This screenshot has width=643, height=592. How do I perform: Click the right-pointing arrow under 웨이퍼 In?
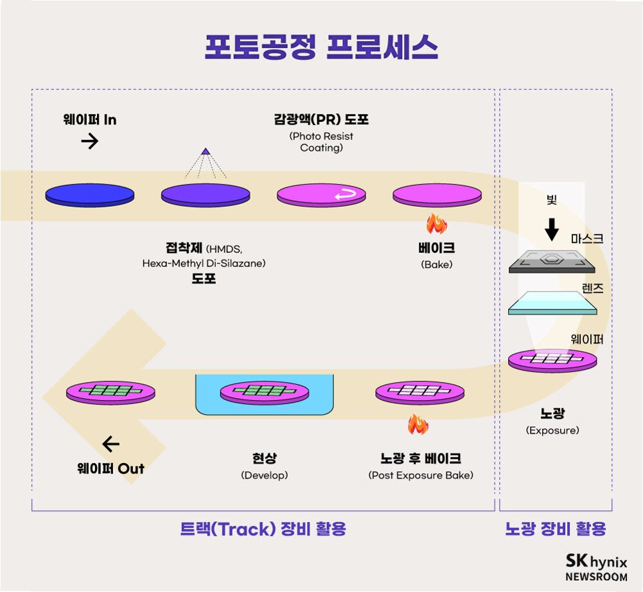point(90,141)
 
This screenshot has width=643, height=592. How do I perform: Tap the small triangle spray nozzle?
point(205,152)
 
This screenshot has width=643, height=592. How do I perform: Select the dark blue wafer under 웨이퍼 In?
point(90,195)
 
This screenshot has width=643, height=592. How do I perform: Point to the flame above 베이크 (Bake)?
point(436,223)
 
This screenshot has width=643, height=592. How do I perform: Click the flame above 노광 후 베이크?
point(418,424)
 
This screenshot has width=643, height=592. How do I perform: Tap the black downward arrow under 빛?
point(551,228)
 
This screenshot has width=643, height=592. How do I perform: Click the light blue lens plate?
point(552,302)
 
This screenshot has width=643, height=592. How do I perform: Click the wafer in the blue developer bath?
point(265,390)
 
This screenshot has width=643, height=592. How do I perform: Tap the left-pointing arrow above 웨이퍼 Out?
point(111,444)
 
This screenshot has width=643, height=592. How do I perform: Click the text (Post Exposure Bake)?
point(421,475)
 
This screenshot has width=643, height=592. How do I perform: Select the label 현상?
point(265,458)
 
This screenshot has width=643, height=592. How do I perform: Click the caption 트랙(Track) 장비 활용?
point(263,528)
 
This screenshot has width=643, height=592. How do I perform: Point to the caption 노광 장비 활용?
point(556,528)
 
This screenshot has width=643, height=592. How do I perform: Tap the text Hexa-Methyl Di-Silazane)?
point(204,263)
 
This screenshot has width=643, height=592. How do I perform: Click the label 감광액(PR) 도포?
point(321,120)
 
